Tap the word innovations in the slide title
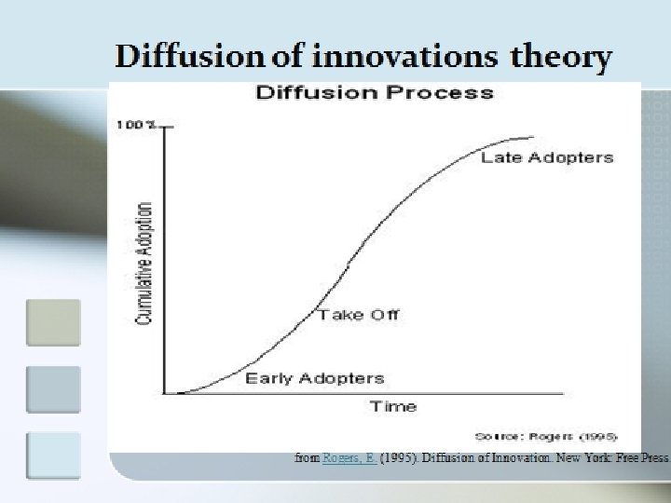click(x=407, y=58)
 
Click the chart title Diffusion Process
click(x=374, y=92)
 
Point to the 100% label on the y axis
click(x=136, y=125)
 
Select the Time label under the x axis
click(x=393, y=406)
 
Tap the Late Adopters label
click(x=547, y=157)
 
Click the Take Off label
click(x=358, y=315)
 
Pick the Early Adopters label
click(x=314, y=378)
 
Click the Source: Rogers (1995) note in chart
click(x=545, y=436)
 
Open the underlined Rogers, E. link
click(x=349, y=458)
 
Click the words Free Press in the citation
click(x=637, y=458)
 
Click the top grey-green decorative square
click(x=54, y=322)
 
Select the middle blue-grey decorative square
click(x=54, y=389)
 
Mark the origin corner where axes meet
click(x=165, y=393)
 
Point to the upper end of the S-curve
click(x=531, y=138)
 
